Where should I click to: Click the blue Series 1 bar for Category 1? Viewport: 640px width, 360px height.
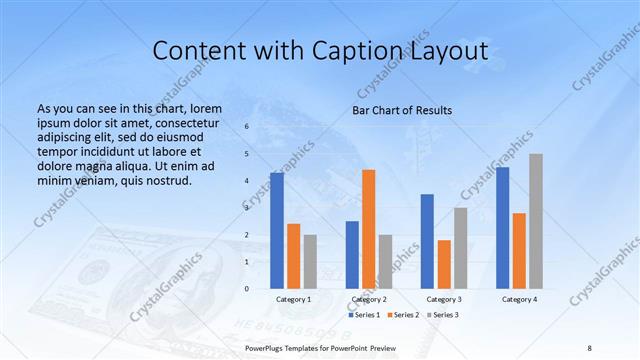(277, 231)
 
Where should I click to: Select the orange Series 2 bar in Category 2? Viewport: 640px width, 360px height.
(369, 229)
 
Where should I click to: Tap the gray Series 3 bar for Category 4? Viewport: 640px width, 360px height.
(536, 221)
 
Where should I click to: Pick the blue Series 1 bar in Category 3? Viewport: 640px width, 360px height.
(427, 241)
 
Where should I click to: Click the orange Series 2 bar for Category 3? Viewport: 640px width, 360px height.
(444, 264)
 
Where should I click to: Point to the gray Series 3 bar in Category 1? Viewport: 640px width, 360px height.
(310, 261)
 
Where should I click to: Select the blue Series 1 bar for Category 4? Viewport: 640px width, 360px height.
(502, 228)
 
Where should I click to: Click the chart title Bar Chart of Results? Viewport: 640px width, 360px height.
(402, 110)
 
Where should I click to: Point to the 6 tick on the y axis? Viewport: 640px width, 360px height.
(247, 127)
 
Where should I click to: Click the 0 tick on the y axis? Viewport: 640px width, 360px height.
(247, 289)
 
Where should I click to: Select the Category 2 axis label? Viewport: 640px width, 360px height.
(369, 299)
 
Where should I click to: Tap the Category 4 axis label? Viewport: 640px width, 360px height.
(519, 299)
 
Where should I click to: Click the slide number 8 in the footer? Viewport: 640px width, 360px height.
(589, 346)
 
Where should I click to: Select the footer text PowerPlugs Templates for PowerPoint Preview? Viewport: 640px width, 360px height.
(321, 346)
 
